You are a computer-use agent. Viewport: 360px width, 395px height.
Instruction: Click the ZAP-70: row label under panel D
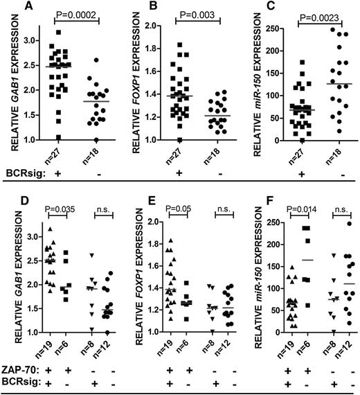coord(19,367)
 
